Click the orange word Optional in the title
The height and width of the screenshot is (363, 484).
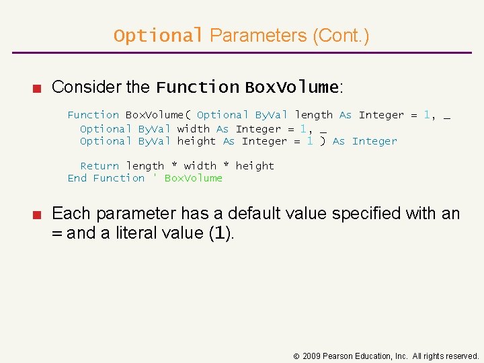tap(158, 36)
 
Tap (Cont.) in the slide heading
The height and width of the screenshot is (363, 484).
tap(341, 36)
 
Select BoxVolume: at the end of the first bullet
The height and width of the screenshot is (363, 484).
tap(294, 87)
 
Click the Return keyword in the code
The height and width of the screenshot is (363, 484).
tap(99, 166)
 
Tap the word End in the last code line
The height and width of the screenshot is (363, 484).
tap(77, 178)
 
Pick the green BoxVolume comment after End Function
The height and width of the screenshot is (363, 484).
tap(193, 178)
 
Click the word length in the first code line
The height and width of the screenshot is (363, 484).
tap(313, 115)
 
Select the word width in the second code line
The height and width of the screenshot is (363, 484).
tap(194, 128)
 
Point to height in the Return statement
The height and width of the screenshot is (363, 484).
tap(255, 166)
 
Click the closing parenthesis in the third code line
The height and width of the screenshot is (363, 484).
tap(323, 141)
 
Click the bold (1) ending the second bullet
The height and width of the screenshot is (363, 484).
tap(221, 233)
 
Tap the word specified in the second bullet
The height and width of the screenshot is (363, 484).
tap(357, 214)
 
